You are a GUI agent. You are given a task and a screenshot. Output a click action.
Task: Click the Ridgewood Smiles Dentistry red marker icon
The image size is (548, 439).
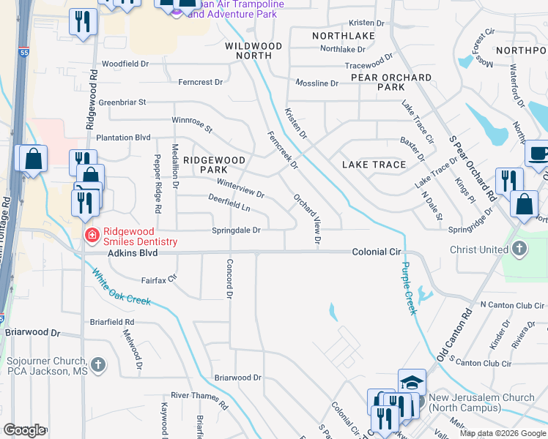[x=92, y=235]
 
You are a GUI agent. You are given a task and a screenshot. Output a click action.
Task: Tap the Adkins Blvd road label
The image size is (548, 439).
[x=133, y=253]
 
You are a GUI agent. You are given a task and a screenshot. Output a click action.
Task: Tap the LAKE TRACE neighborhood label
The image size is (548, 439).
[x=374, y=165]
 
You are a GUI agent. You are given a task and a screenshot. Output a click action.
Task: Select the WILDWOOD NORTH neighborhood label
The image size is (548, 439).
[x=253, y=50]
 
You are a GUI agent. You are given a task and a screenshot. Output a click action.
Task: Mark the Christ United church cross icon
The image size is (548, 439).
[x=519, y=249]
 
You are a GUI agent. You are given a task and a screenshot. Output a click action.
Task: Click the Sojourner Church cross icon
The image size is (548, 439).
[x=98, y=364]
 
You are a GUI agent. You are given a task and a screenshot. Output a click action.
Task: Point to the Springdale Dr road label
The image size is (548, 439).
[x=237, y=230]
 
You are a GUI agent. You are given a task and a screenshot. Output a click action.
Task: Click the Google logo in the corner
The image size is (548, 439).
[x=24, y=430]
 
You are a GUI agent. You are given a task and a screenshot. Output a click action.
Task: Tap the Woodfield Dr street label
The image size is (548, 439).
[x=125, y=64]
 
